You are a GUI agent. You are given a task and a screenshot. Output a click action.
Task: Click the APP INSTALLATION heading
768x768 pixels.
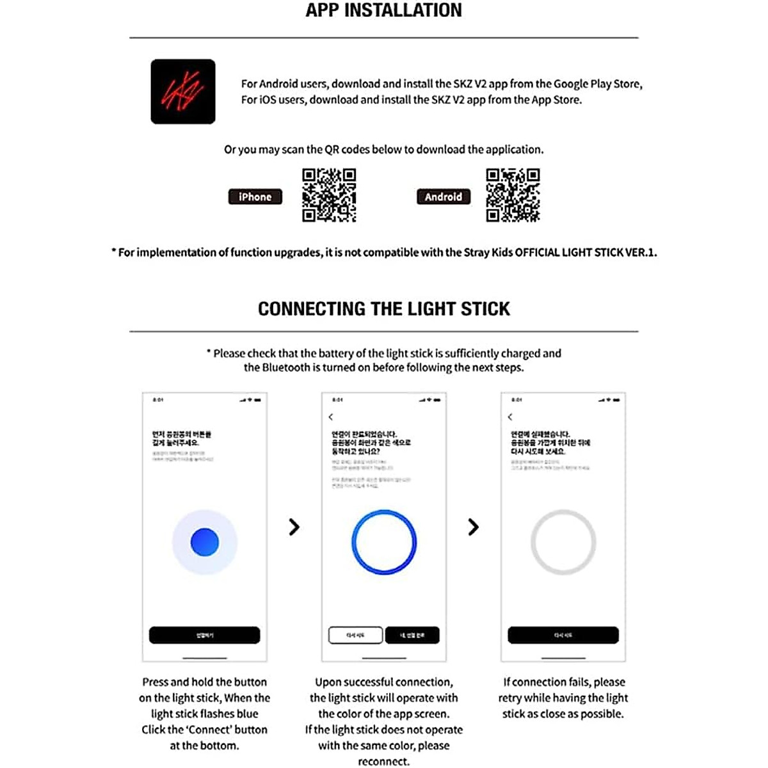tap(383, 10)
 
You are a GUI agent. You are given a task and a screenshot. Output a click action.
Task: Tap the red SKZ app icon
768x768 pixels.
tap(183, 92)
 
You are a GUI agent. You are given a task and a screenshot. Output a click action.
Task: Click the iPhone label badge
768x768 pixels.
tap(255, 197)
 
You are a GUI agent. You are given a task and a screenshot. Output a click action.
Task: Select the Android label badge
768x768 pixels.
tap(443, 197)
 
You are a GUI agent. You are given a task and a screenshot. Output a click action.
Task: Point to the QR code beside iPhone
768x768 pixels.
tap(329, 195)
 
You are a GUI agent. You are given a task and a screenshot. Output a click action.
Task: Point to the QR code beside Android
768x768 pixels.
tap(513, 195)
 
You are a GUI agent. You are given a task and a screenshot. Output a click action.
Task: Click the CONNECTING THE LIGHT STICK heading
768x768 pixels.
tap(383, 308)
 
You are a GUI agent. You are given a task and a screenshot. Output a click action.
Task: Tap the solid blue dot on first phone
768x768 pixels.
tap(205, 542)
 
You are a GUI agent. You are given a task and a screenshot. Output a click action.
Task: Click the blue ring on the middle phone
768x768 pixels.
tap(384, 542)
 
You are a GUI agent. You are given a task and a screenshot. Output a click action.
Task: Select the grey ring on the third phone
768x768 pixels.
tap(563, 542)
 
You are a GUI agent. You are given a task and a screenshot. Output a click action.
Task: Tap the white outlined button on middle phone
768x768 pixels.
tap(355, 635)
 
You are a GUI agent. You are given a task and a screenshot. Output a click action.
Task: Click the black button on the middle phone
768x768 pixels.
tap(412, 635)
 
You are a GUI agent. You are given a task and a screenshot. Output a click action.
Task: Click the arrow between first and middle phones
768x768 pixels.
tap(294, 527)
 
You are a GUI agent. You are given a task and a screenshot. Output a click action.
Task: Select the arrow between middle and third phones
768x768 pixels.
tap(473, 527)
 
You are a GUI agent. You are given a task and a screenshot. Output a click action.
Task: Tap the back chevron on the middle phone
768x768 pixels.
tap(331, 417)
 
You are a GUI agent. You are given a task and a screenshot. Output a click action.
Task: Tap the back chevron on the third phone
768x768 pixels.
tap(510, 417)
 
